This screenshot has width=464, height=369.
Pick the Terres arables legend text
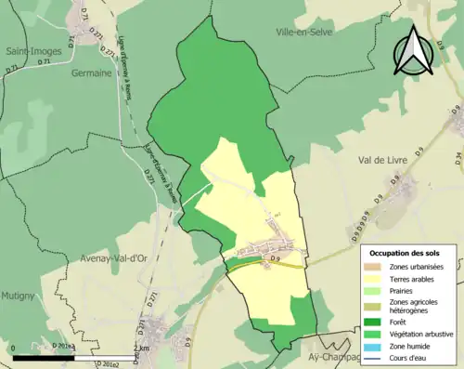click(x=415, y=279)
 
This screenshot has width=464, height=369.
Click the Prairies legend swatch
click(x=375, y=290)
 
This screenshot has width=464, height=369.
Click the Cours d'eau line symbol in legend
click(x=375, y=356)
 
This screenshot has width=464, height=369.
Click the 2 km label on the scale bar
click(x=140, y=349)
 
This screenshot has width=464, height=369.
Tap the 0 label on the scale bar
click(x=14, y=349)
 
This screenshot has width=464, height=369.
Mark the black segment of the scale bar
click(x=45, y=357)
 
